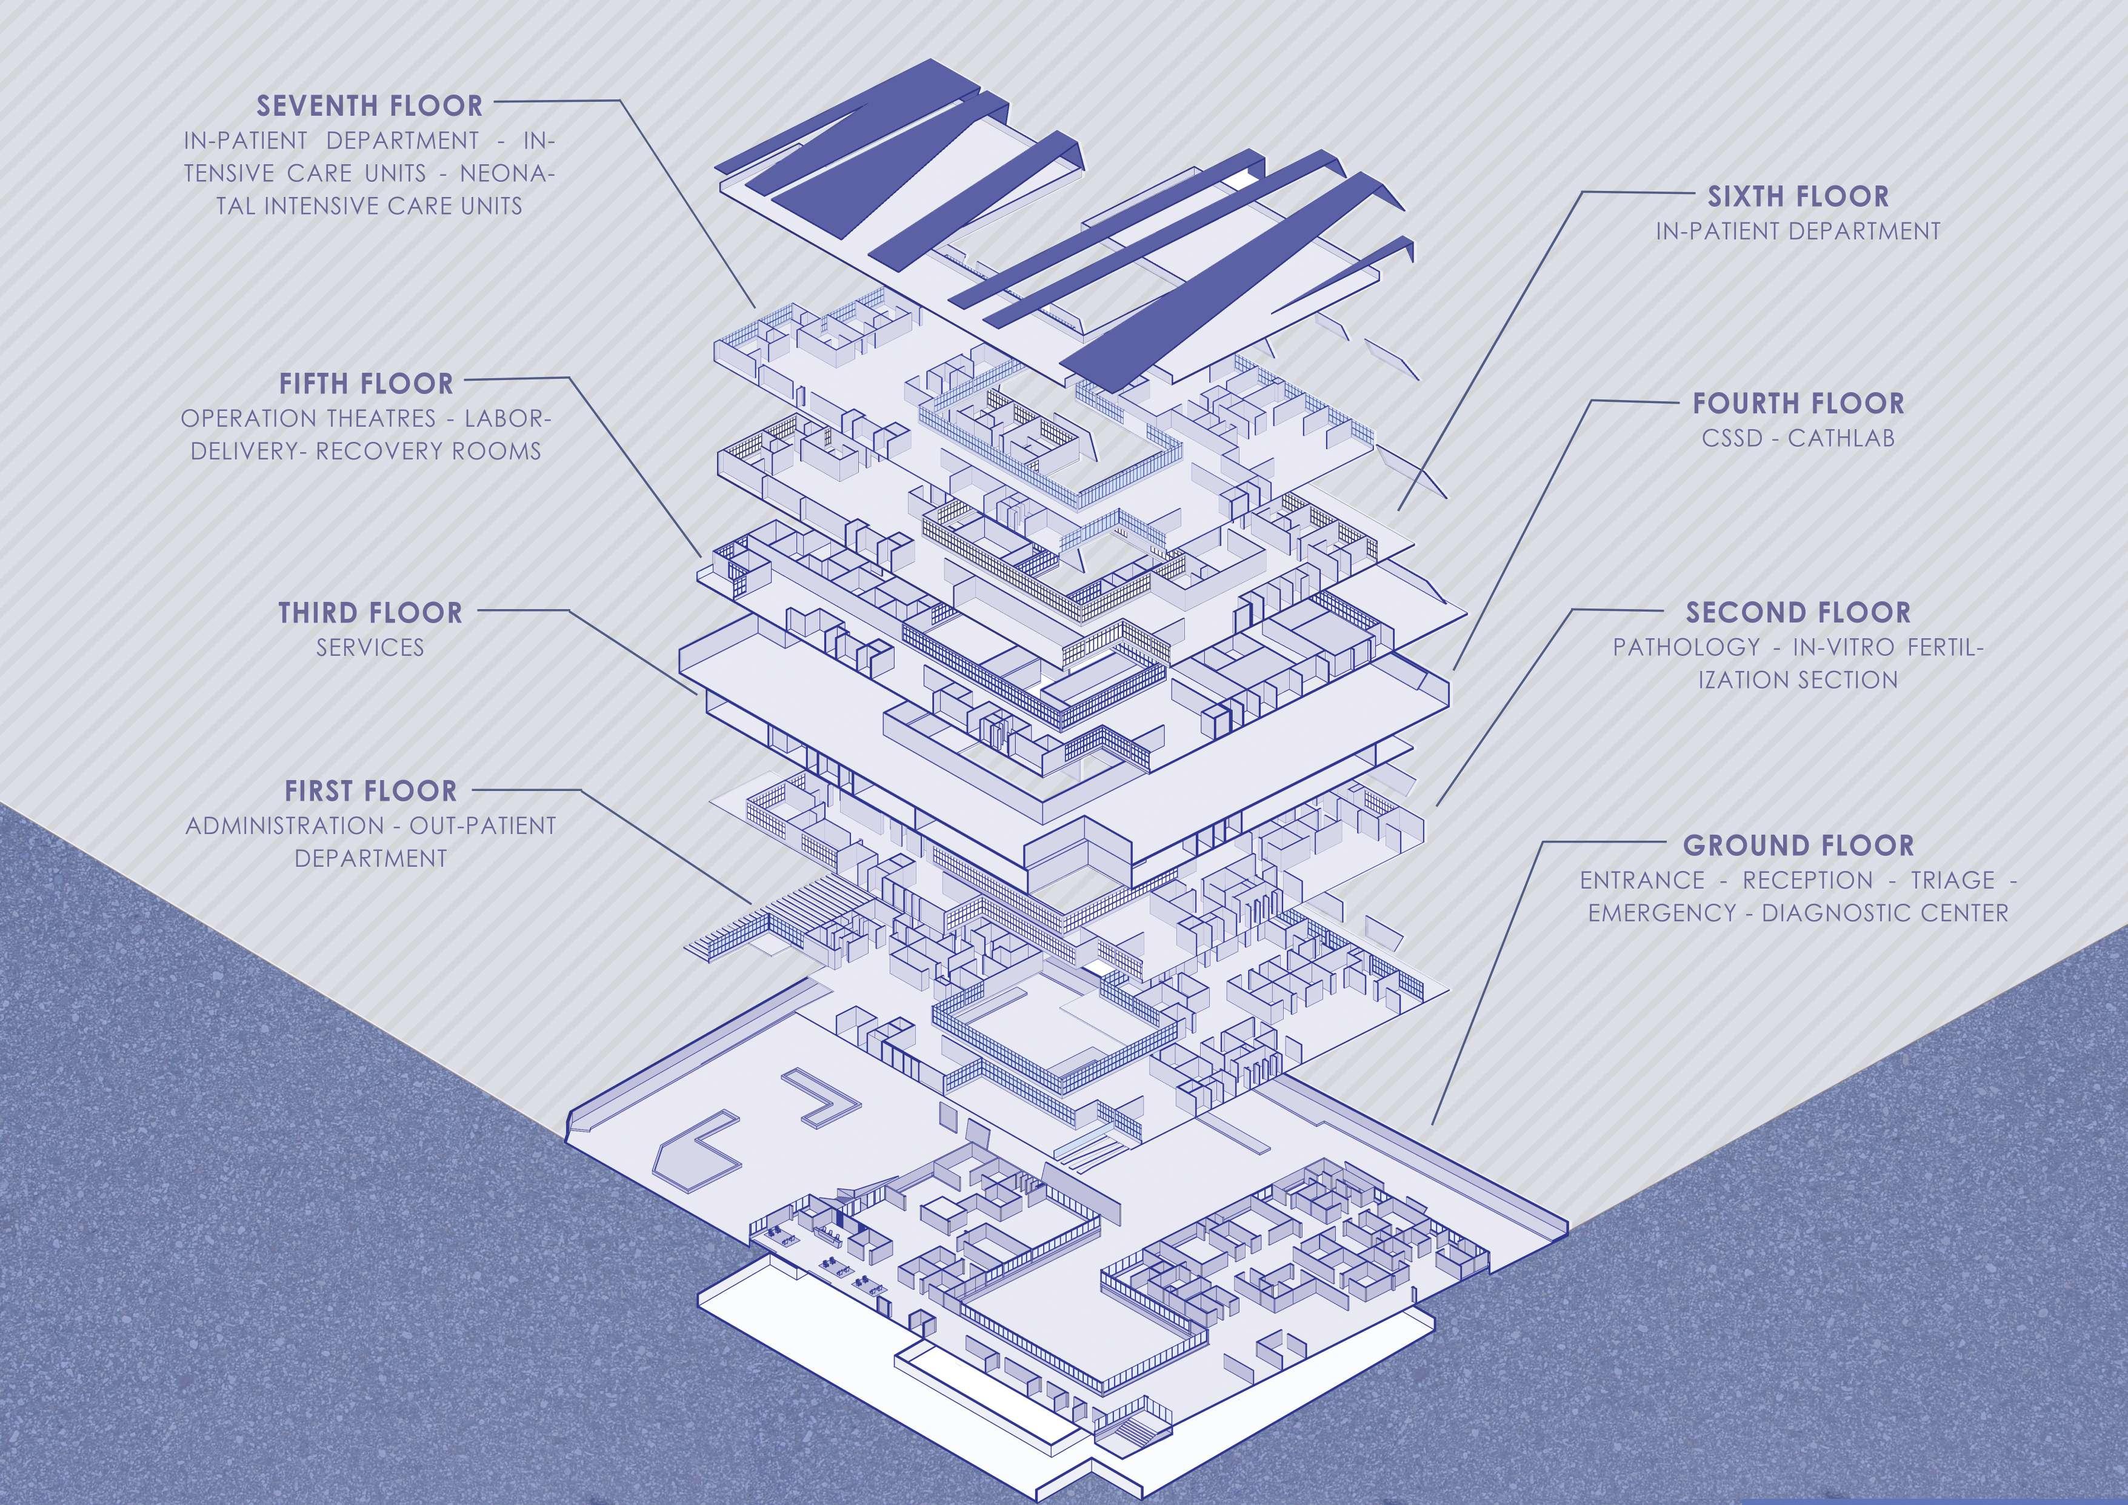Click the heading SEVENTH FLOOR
pos(369,105)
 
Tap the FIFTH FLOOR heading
pos(366,384)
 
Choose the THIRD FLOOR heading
pos(370,613)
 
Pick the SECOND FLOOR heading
pos(1798,613)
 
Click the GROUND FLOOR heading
pos(1798,845)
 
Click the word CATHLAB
pos(1841,438)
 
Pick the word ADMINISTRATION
pos(284,826)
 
